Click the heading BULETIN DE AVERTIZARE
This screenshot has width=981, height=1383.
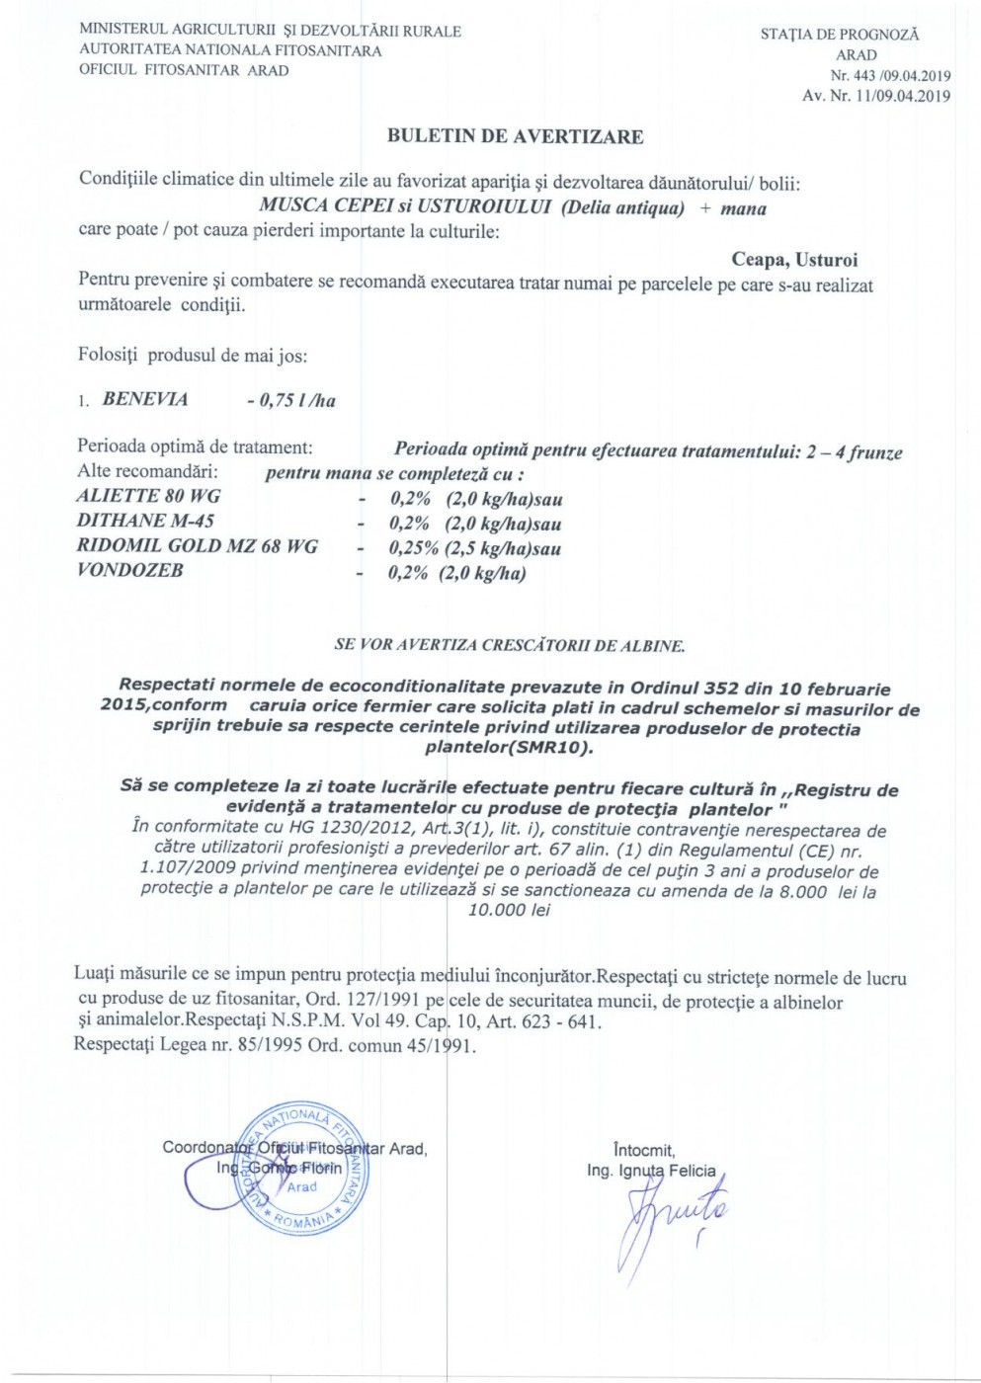(515, 136)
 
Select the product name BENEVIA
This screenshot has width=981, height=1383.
(145, 399)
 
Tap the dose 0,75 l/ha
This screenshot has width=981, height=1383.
(291, 400)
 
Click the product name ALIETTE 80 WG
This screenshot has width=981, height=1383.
(148, 496)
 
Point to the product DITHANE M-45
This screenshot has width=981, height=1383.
(145, 521)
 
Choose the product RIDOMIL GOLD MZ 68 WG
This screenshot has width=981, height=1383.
(198, 546)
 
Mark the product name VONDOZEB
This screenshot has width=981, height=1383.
(130, 571)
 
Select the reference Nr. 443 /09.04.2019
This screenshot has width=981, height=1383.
(890, 75)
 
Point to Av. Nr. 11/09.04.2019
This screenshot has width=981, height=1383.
(876, 96)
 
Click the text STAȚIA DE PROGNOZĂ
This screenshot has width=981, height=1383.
(840, 35)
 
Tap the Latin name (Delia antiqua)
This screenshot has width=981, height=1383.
(621, 207)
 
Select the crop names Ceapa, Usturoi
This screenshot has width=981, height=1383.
(794, 260)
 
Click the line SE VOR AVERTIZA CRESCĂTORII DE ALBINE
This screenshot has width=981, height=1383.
(510, 645)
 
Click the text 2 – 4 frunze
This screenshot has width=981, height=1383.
(855, 452)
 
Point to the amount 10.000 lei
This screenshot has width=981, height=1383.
(510, 910)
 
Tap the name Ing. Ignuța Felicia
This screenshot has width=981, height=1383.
(651, 1171)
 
